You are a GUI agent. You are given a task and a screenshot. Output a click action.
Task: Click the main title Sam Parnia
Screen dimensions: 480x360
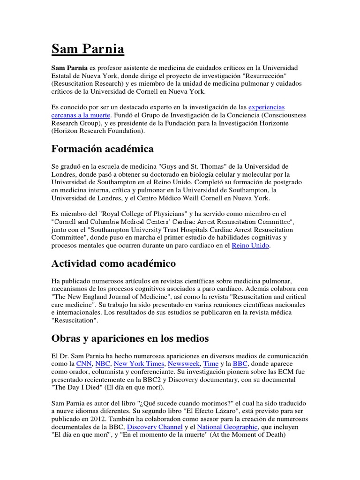88,49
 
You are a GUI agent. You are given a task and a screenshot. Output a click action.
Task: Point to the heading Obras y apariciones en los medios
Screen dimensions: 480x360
130,338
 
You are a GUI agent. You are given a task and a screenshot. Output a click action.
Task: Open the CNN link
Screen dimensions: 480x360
84,363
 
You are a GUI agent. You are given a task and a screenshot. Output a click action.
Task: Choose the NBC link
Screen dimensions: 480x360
103,363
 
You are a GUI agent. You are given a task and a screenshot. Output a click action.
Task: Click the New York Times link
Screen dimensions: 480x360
139,363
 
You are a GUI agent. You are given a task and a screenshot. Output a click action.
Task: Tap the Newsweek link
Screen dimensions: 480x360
184,363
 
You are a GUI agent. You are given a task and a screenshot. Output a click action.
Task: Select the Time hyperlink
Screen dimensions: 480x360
211,363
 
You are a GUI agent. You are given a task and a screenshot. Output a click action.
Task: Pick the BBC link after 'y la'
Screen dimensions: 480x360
240,363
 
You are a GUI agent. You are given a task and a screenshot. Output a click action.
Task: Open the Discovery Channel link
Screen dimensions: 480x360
154,427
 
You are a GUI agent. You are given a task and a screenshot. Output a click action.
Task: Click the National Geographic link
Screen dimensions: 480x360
227,427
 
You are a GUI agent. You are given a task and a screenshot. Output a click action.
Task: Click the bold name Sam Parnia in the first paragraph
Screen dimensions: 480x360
69,68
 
